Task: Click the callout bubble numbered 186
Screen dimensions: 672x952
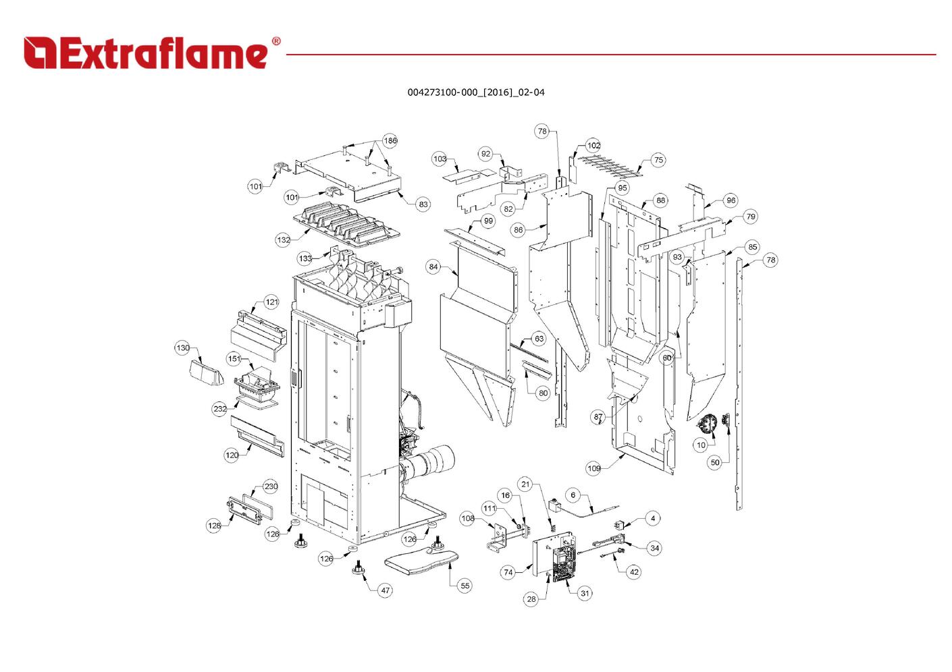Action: (x=390, y=141)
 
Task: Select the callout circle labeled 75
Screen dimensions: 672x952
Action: (x=658, y=161)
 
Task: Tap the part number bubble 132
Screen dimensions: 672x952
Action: (x=284, y=240)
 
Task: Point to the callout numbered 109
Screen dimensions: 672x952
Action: (x=593, y=468)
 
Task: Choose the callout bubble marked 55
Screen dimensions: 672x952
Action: (x=465, y=586)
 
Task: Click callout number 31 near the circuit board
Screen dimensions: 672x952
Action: (x=585, y=594)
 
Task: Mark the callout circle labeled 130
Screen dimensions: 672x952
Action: (x=183, y=348)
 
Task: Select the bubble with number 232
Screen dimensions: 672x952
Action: (x=220, y=409)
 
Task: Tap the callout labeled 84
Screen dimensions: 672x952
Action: (x=433, y=267)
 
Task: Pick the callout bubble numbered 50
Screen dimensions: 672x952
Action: (x=715, y=462)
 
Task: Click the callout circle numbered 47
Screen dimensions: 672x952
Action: (x=386, y=590)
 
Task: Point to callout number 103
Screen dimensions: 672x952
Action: (x=440, y=159)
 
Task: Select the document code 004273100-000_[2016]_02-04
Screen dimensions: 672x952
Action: (x=476, y=92)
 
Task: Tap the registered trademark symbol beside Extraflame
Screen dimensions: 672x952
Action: (x=275, y=42)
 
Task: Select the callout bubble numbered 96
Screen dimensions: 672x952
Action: (x=731, y=200)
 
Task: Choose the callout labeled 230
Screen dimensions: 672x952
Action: (x=271, y=486)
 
